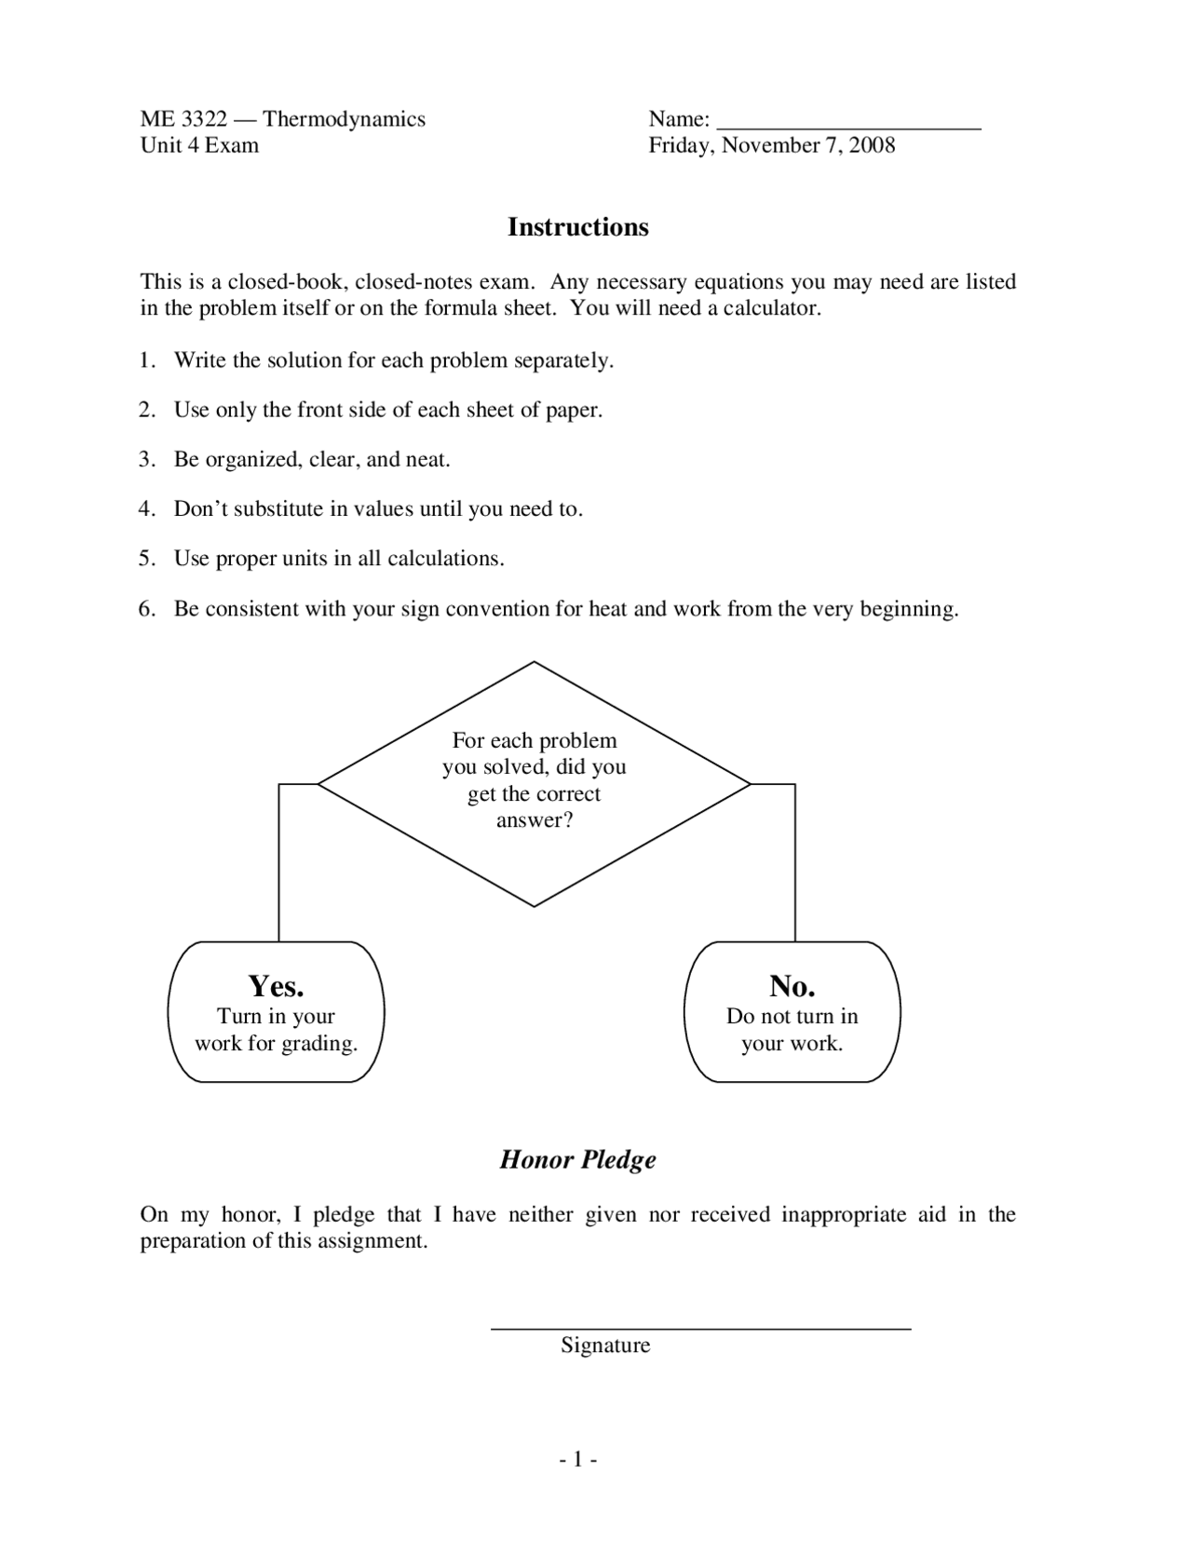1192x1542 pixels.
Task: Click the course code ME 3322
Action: click(183, 119)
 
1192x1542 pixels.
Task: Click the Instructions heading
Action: click(577, 227)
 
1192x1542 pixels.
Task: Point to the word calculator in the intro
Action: click(771, 308)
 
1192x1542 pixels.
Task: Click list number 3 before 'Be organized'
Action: click(145, 460)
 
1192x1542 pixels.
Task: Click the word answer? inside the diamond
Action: click(534, 820)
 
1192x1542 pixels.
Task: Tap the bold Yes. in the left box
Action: click(276, 985)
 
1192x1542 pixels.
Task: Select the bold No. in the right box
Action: click(792, 985)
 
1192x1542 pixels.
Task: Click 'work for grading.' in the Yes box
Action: click(276, 1044)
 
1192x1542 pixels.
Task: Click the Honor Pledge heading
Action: click(577, 1159)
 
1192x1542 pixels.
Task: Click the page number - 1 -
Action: click(577, 1460)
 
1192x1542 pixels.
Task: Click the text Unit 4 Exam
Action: click(199, 145)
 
